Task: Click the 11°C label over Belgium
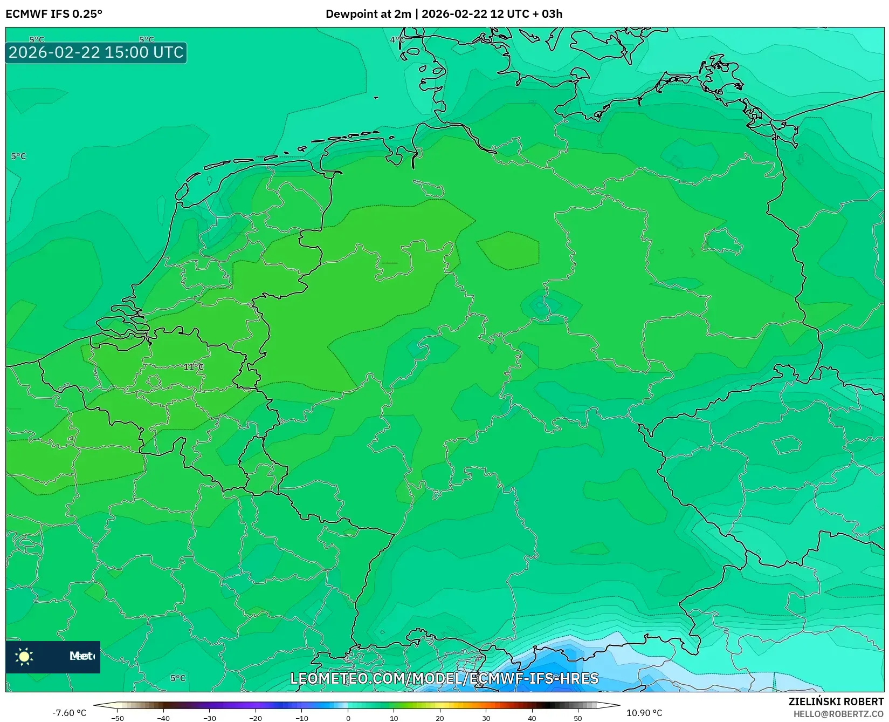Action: [x=194, y=367]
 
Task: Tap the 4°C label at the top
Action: [x=397, y=39]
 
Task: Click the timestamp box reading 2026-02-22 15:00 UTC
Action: [x=96, y=52]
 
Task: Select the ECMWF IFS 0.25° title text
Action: [x=54, y=14]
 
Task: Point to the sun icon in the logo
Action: [x=24, y=656]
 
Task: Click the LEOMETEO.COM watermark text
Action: [x=444, y=678]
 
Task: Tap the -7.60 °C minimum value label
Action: [x=69, y=713]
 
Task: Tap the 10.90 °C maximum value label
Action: [x=644, y=713]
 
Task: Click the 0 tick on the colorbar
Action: [x=348, y=718]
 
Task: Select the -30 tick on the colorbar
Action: [x=210, y=718]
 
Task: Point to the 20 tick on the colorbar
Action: [x=440, y=718]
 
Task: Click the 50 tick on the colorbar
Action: [x=578, y=718]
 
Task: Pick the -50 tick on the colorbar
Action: [x=118, y=718]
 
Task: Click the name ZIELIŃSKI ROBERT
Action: [x=836, y=701]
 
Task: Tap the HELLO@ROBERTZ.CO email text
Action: [x=838, y=714]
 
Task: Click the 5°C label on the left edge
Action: [x=18, y=156]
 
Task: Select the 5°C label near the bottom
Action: [x=178, y=678]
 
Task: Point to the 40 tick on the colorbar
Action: [x=532, y=718]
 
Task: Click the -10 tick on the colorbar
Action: [x=302, y=718]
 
